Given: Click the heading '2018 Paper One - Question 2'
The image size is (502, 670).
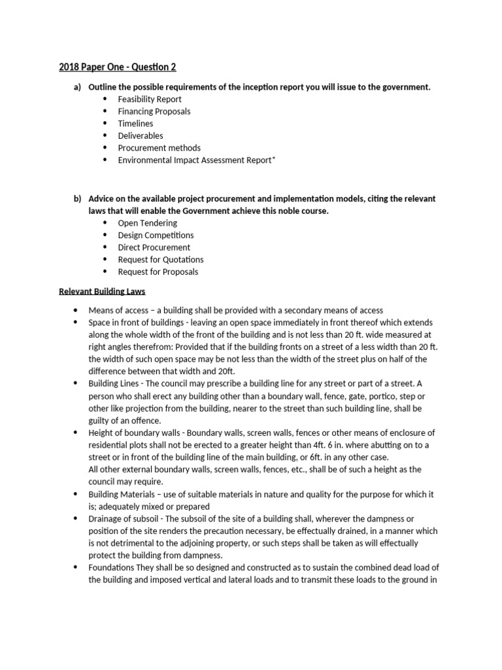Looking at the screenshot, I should (x=117, y=67).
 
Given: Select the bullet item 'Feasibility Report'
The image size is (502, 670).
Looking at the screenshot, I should (x=150, y=99).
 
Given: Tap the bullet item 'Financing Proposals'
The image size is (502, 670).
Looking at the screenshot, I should (x=154, y=111).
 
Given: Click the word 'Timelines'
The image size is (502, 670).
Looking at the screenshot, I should (x=135, y=124).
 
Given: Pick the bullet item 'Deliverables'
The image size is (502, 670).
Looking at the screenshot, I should (x=141, y=135).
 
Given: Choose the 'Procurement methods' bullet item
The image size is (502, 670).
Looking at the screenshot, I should (x=159, y=148).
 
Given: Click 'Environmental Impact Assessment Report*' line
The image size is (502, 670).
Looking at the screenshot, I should (x=197, y=160).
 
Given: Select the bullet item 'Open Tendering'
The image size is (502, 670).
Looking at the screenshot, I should (x=147, y=222).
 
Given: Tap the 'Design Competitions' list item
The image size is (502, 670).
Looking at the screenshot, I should (x=156, y=235).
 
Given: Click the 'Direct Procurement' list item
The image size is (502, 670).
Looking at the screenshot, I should (x=154, y=247).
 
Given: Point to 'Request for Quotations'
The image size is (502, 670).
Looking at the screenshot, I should (x=161, y=260).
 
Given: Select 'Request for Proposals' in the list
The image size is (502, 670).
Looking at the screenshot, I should (x=158, y=272).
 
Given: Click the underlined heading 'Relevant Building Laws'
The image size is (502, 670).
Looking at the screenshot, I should (x=102, y=291).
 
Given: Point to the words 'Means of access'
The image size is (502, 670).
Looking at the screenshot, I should (x=118, y=310).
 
